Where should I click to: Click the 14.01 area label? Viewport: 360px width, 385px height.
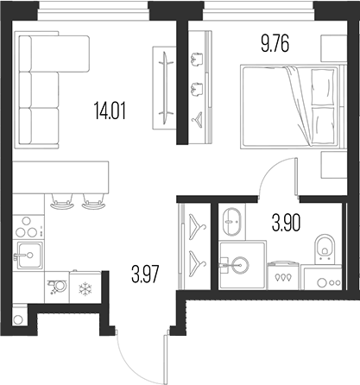click(110, 111)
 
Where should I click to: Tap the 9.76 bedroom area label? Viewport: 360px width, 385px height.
click(275, 44)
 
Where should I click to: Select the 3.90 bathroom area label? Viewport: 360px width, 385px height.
click(287, 224)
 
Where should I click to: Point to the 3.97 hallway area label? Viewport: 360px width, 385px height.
click(145, 275)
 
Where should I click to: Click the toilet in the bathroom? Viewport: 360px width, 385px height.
click(325, 249)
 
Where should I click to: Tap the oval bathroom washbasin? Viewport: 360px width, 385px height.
click(231, 222)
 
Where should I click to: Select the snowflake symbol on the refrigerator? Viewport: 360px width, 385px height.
click(85, 289)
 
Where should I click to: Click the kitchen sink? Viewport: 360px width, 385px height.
click(30, 255)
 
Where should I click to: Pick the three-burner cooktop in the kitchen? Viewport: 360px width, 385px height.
click(28, 227)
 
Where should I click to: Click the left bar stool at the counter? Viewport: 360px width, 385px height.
click(62, 202)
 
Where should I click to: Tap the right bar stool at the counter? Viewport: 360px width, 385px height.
click(93, 202)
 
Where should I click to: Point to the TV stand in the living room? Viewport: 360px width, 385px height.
click(164, 88)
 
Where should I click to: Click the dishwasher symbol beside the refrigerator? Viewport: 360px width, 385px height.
click(57, 287)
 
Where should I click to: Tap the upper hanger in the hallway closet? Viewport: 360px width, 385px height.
click(197, 228)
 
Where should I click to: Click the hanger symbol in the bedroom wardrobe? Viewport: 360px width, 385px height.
click(198, 117)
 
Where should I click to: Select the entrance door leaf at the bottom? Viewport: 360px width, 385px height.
click(165, 359)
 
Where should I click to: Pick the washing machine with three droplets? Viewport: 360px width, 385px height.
click(284, 275)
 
